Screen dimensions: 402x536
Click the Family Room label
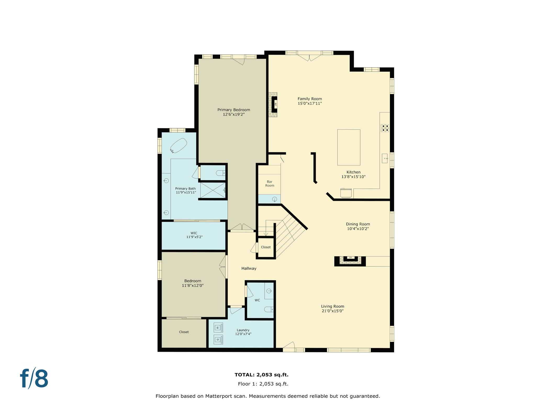[x=310, y=99]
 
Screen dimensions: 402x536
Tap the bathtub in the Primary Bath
[x=178, y=146]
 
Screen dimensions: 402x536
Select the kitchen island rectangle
[x=349, y=147]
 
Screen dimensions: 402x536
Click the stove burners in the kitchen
[x=385, y=128]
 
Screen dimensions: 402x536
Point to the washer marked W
[x=218, y=327]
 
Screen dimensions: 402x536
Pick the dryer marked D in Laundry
[x=218, y=339]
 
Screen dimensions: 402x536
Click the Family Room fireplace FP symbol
[x=275, y=104]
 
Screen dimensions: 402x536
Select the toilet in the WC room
[x=269, y=309]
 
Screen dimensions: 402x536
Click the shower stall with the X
[x=213, y=190]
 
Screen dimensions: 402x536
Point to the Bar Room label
[x=270, y=183]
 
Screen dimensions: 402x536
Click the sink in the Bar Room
[x=275, y=199]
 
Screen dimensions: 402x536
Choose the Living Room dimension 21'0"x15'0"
[x=332, y=311]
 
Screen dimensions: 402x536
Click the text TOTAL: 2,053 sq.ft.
[x=261, y=375]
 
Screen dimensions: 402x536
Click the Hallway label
[x=249, y=268]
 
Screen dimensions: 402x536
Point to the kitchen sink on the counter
[x=384, y=158]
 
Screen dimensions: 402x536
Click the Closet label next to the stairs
[x=266, y=247]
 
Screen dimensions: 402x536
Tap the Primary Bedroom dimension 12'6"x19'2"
[x=233, y=114]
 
